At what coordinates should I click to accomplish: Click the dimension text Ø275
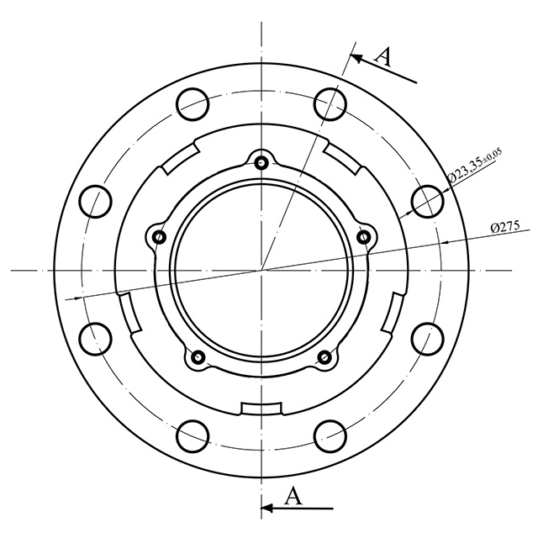point(504,227)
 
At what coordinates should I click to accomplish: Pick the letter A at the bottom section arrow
point(293,495)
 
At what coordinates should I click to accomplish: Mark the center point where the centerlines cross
point(261,270)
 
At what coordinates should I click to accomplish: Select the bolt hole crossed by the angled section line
point(330,103)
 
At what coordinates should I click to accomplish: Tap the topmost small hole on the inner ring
point(261,162)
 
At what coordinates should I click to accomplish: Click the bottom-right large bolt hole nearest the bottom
point(330,435)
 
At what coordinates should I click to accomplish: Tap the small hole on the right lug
point(364,237)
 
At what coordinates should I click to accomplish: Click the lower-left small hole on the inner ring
point(198,358)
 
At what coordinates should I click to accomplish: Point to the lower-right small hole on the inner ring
point(324,358)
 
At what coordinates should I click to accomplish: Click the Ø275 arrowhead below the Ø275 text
point(446,241)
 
